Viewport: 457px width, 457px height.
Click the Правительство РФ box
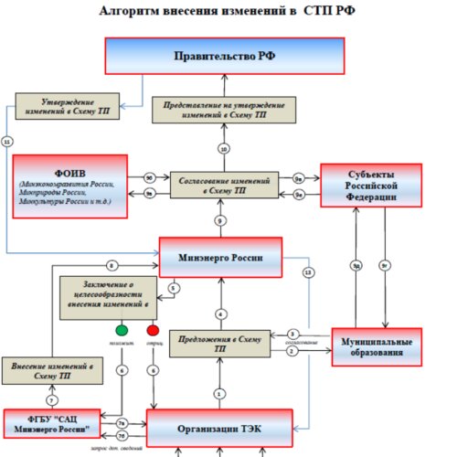[225, 57]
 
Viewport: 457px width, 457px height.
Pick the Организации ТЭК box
[225, 427]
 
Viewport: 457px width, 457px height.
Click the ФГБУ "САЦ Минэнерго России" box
[52, 423]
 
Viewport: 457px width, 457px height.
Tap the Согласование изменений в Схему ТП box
[222, 185]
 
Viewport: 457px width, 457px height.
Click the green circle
[121, 329]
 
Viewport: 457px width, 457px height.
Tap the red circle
[153, 329]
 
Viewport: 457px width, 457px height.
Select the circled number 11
[7, 142]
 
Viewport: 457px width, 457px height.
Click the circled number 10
[223, 148]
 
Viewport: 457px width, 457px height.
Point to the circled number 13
[307, 272]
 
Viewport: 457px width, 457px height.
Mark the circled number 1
[218, 393]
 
